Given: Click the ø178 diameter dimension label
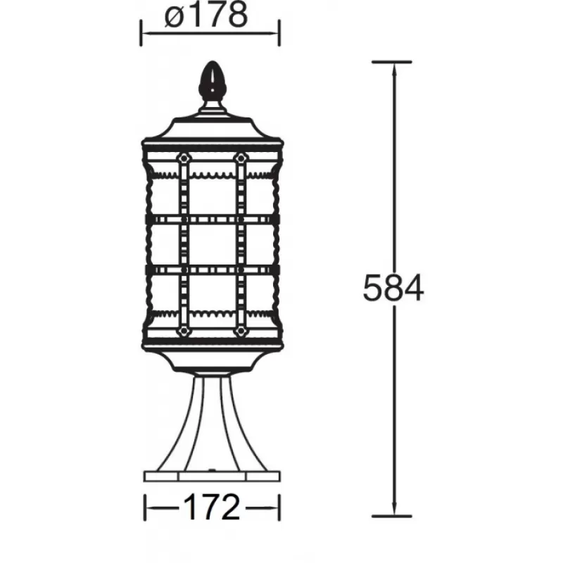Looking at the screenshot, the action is (206, 15).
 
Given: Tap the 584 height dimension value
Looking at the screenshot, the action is (393, 288).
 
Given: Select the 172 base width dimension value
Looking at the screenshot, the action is (212, 507).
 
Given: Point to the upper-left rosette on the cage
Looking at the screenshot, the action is (184, 158).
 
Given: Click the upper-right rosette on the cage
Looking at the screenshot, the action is (241, 158).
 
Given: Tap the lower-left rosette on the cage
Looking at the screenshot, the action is (184, 331).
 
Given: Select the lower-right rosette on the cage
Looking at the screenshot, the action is (241, 331).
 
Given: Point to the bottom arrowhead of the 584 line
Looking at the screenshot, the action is (394, 508).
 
